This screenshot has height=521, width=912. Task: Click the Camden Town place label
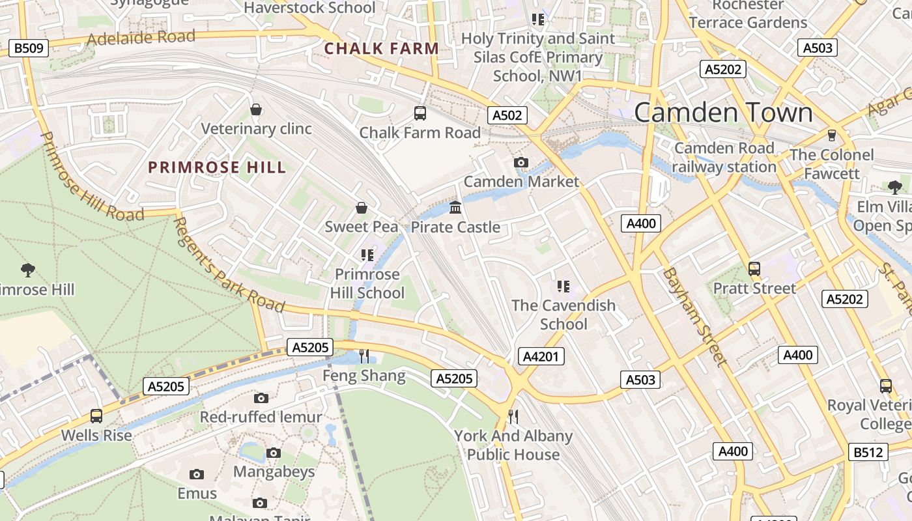723,113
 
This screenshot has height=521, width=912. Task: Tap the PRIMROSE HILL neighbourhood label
217,167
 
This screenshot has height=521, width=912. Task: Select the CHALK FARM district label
382,49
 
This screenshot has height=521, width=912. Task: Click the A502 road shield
507,115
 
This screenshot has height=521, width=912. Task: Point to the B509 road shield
29,48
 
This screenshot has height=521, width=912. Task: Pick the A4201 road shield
541,356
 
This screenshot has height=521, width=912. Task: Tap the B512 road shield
870,451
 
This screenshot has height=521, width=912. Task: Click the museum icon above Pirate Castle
455,208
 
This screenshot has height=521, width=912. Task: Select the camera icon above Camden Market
520,162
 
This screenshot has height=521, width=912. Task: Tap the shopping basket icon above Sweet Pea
362,208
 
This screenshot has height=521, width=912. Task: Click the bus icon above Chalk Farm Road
420,113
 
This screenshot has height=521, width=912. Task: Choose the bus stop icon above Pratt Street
754,268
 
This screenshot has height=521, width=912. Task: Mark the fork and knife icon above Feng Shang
364,356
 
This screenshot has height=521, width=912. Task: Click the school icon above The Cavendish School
563,286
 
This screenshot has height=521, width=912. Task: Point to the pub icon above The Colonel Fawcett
831,135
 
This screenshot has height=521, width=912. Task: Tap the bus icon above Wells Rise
96,415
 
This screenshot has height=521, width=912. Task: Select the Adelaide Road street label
141,38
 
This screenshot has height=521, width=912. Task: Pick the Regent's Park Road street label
229,265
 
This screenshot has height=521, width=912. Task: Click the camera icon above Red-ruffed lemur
261,398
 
